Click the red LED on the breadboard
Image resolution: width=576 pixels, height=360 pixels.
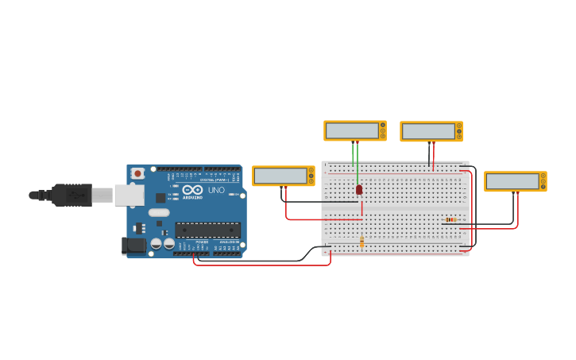point(359,190)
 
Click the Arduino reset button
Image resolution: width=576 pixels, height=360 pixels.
point(137,172)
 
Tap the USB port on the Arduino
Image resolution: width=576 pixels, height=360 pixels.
point(129,195)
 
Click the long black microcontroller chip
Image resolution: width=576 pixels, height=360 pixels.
point(207,230)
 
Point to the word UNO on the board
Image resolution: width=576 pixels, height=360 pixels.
point(216,190)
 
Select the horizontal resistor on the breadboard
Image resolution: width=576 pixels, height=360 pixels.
point(450,219)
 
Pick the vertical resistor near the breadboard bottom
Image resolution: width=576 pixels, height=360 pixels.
point(362,242)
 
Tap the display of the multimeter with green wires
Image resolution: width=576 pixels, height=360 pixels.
point(352,130)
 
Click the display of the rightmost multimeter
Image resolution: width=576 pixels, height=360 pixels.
point(512,181)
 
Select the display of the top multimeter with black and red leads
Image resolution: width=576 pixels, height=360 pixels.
point(428,131)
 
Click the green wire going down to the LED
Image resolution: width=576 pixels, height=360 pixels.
point(358,163)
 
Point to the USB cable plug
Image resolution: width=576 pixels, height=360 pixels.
point(72,195)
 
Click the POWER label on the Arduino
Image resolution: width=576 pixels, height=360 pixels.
point(202,242)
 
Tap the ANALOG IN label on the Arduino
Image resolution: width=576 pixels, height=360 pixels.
point(228,242)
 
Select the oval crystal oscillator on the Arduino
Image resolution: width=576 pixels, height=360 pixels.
point(159,212)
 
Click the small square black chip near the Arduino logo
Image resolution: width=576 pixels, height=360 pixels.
point(160,198)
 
